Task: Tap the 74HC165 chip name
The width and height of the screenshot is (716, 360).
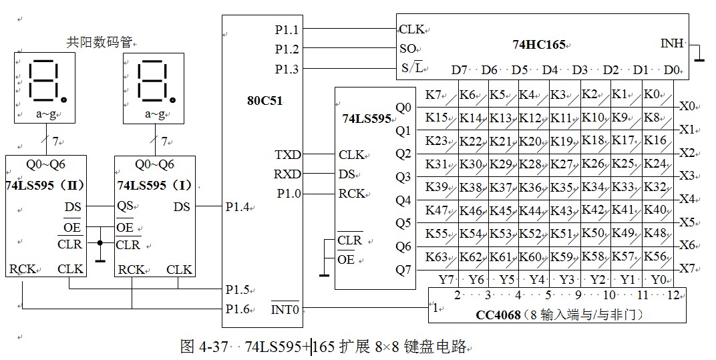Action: click(x=538, y=45)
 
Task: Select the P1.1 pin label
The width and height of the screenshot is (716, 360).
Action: click(x=287, y=29)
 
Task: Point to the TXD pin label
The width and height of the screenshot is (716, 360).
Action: click(x=288, y=154)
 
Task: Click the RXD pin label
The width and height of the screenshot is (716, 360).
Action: click(x=288, y=174)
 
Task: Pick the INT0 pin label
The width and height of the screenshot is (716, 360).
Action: click(x=286, y=309)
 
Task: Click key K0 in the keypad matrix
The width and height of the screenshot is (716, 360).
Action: click(x=652, y=95)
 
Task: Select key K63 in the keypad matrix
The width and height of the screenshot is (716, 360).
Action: click(x=436, y=256)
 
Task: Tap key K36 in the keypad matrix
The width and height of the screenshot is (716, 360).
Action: click(x=530, y=188)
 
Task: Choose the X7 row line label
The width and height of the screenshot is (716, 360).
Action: click(x=687, y=268)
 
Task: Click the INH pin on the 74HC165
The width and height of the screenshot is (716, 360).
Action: click(x=672, y=43)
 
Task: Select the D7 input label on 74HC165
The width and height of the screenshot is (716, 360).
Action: click(x=460, y=69)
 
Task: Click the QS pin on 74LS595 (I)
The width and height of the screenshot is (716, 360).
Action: click(x=125, y=206)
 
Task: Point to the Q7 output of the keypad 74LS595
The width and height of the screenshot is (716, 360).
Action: click(x=403, y=270)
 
